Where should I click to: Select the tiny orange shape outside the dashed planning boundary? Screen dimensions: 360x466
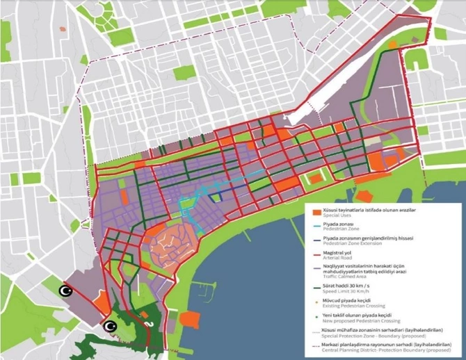click(63, 29)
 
